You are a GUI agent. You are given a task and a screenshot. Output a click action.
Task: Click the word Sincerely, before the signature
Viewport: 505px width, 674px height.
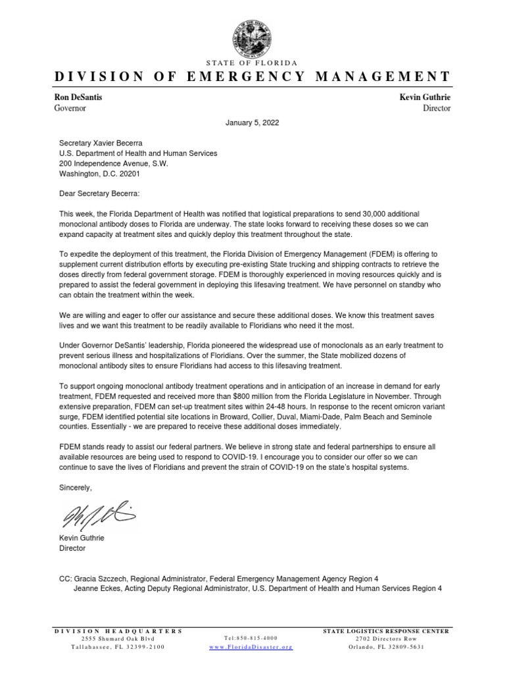[76, 488]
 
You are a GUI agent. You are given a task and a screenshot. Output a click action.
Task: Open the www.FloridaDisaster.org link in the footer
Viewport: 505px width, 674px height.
[251, 648]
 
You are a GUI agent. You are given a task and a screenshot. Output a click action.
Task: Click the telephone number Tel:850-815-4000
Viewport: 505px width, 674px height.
[251, 638]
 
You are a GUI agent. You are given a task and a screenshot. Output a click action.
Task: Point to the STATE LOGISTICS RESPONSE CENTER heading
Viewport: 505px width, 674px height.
[386, 631]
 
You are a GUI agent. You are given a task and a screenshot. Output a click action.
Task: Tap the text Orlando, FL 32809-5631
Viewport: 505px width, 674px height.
[386, 647]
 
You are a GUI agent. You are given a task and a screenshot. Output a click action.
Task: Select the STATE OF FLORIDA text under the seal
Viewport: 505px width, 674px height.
[252, 63]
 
